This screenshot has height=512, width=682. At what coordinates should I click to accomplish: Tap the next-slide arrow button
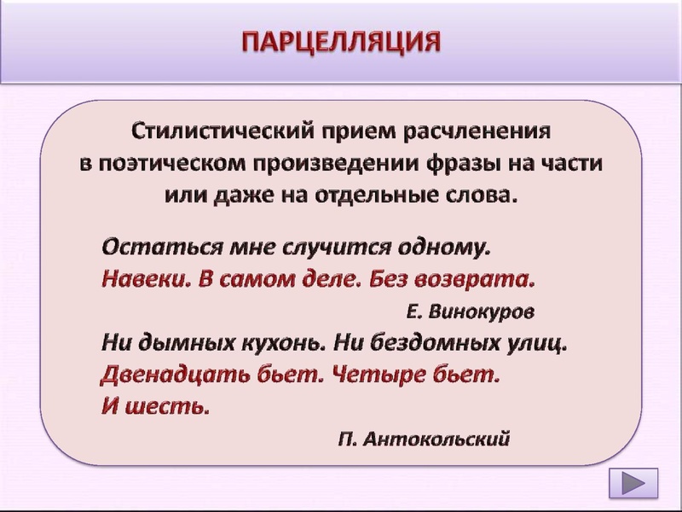(x=633, y=485)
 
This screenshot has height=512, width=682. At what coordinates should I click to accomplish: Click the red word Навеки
(x=140, y=279)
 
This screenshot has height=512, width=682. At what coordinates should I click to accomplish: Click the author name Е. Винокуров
(x=471, y=312)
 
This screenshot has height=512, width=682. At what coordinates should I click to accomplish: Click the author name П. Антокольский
(x=424, y=439)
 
